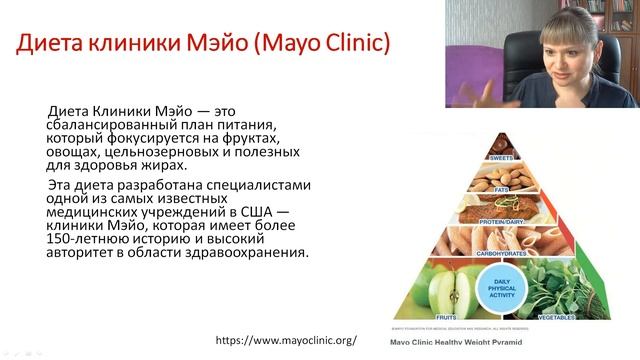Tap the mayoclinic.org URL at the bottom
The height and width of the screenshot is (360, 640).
click(x=287, y=340)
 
